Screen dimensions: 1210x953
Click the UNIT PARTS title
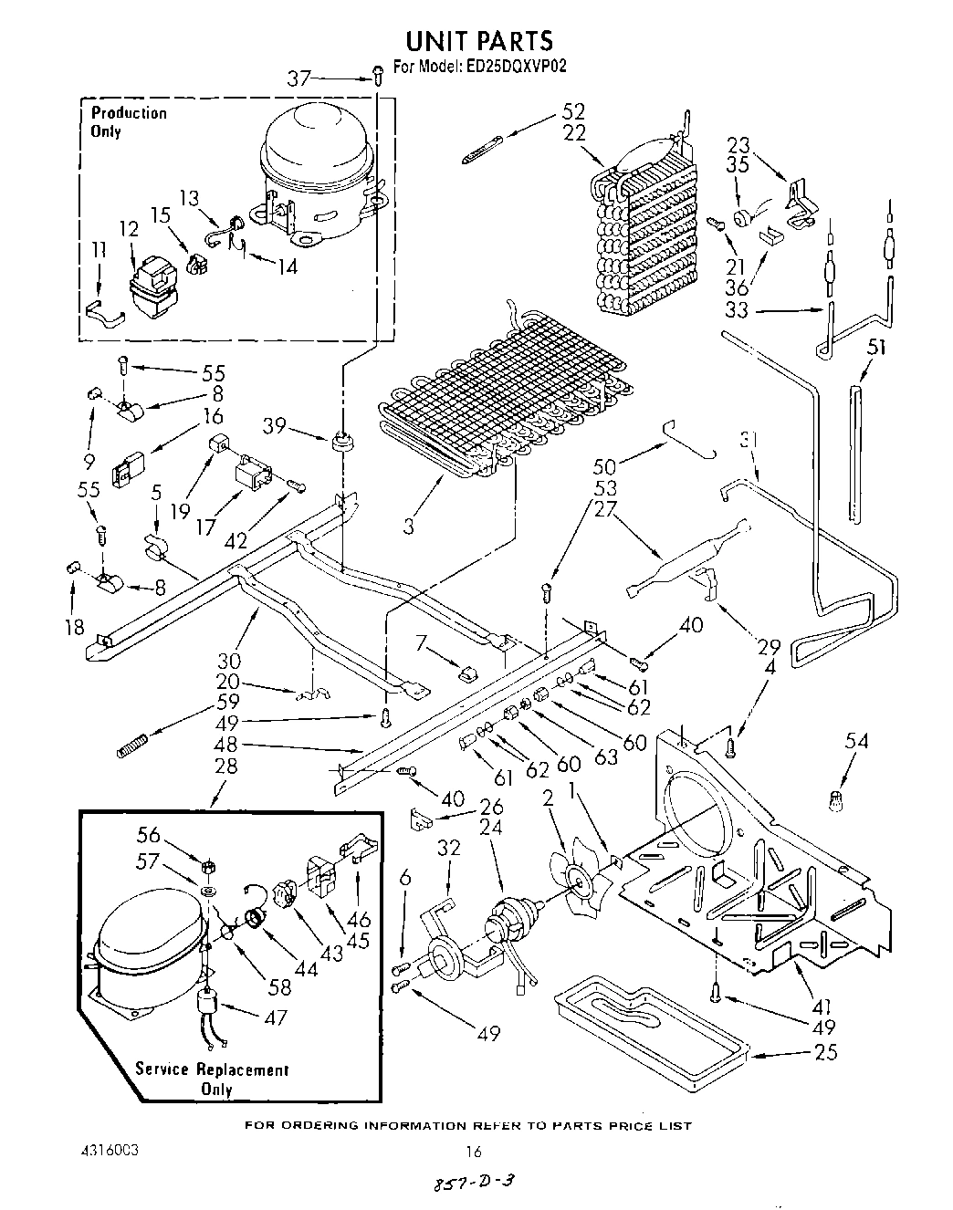tap(478, 41)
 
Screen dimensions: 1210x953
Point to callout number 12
tap(128, 228)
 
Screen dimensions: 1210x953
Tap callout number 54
tap(855, 742)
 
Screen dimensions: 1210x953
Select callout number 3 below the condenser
tap(408, 527)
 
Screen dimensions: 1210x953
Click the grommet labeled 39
tap(345, 442)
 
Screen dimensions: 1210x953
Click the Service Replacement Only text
tap(212, 1079)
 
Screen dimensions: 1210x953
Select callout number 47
tap(275, 1017)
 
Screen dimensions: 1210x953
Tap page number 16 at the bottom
tap(473, 1152)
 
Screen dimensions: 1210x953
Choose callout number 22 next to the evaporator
tap(573, 132)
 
